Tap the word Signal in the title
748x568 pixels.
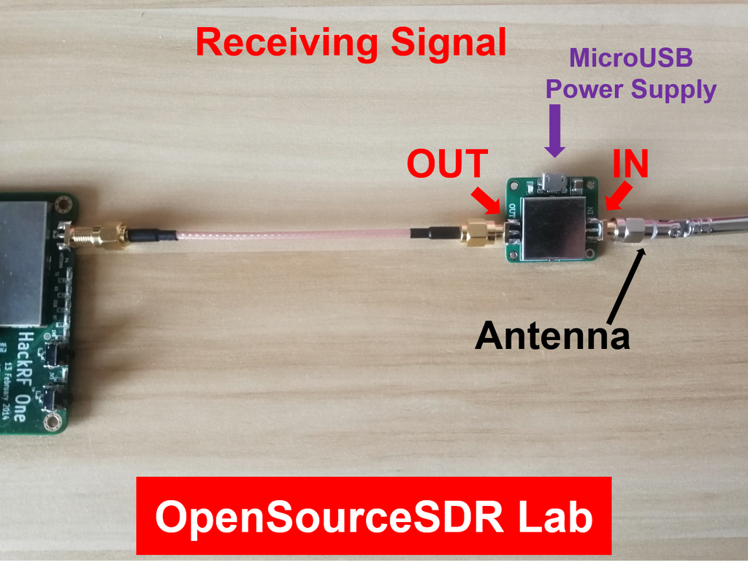click(448, 43)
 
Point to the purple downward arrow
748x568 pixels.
click(555, 131)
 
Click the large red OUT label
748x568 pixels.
click(447, 164)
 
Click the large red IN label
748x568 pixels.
click(630, 164)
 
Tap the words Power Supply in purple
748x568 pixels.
click(630, 90)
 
